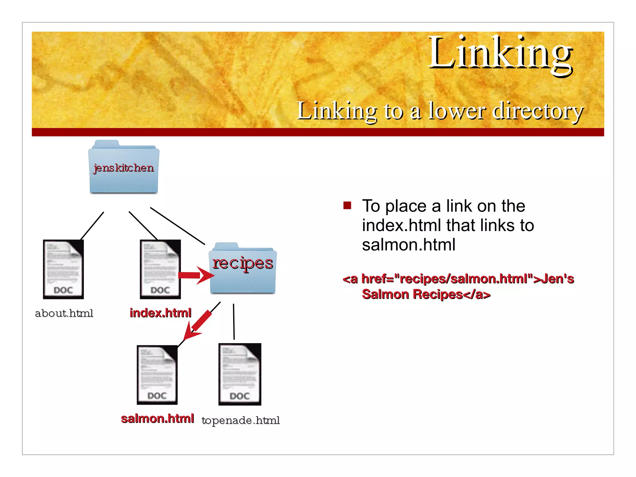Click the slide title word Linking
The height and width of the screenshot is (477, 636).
pyautogui.click(x=500, y=53)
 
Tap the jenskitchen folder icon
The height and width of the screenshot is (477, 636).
pyautogui.click(x=124, y=168)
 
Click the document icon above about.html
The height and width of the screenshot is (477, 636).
pyautogui.click(x=63, y=269)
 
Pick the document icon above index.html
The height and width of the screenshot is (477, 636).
pyautogui.click(x=160, y=269)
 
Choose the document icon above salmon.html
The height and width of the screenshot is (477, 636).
pyautogui.click(x=157, y=375)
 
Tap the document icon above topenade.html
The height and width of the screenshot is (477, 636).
pyautogui.click(x=240, y=374)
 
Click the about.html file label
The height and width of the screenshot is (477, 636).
pyautogui.click(x=64, y=313)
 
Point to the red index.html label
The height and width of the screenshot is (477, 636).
pyautogui.click(x=161, y=313)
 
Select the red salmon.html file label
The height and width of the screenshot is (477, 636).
pyautogui.click(x=157, y=419)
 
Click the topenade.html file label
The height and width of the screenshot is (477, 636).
pyautogui.click(x=241, y=420)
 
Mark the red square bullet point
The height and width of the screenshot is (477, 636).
pyautogui.click(x=347, y=206)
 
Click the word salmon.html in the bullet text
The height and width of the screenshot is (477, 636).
pyautogui.click(x=409, y=245)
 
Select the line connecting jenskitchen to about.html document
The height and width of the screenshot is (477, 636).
pyautogui.click(x=92, y=226)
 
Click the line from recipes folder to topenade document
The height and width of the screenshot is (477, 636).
pyautogui.click(x=234, y=321)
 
